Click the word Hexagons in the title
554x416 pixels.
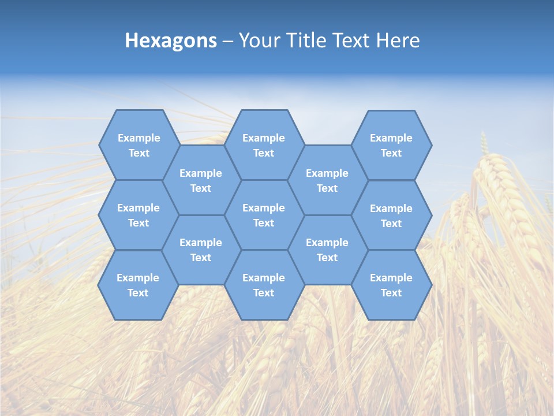coord(171,40)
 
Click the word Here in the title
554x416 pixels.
coord(398,40)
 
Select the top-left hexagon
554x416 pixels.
coord(138,145)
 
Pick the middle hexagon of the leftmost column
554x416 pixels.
coord(138,215)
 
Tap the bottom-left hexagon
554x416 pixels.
coord(138,285)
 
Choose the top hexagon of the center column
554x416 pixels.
coord(264,145)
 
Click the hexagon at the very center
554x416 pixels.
coord(264,215)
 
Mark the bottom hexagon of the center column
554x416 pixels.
coord(264,285)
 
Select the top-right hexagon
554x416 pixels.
coord(391,145)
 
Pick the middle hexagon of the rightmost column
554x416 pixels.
coord(391,216)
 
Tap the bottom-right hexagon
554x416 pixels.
coord(391,285)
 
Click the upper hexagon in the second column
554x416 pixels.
coord(201,180)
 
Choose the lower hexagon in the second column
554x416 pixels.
coord(201,250)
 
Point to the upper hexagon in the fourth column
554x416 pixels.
coord(327,180)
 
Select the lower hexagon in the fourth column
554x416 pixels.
coord(327,250)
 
